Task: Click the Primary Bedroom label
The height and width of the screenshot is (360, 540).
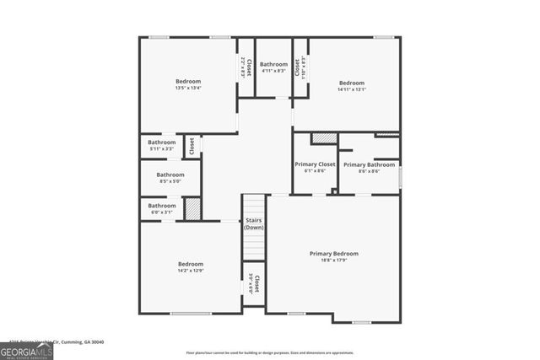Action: coord(333,253)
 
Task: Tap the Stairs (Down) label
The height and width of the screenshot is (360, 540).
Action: coord(254,224)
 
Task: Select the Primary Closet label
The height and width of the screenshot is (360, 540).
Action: coord(315,164)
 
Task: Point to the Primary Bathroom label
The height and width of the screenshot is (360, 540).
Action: coord(368,164)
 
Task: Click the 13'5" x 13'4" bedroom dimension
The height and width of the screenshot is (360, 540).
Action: coord(188,88)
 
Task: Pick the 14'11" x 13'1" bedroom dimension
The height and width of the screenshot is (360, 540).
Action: coord(352,89)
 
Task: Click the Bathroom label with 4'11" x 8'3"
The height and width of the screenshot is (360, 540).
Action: coord(273,64)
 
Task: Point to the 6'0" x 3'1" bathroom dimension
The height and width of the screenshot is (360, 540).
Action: coord(162,212)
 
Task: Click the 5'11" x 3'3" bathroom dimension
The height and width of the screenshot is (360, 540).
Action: coord(162,149)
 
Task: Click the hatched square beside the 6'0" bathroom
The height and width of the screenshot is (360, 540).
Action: coord(192,208)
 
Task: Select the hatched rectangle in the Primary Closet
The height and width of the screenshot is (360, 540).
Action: coord(323,138)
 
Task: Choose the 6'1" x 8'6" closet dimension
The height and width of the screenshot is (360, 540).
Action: coord(315,170)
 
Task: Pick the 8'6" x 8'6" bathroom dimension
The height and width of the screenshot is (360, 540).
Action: coord(368,171)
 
